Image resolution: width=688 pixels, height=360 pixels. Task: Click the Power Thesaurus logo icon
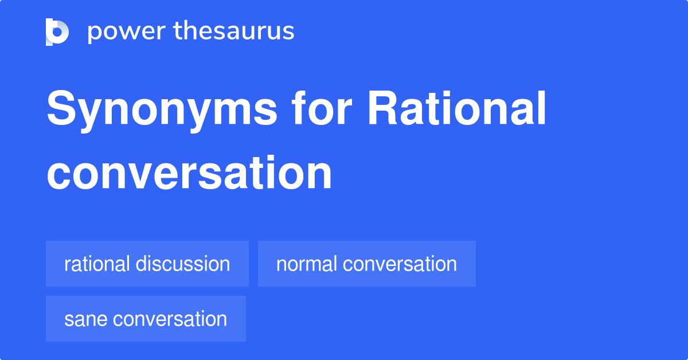[57, 32]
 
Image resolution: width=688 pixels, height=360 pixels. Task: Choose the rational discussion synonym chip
[147, 264]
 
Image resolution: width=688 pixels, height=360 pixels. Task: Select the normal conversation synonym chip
[366, 264]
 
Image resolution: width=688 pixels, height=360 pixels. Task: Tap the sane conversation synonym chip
[146, 319]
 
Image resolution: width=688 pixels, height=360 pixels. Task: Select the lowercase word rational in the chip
[97, 264]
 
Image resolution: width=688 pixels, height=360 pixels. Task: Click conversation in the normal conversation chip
[400, 264]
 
